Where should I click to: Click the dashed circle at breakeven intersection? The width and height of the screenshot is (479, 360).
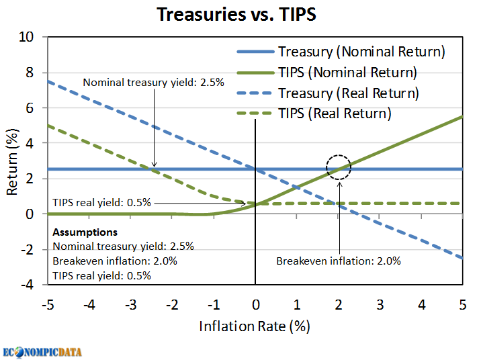tap(339, 168)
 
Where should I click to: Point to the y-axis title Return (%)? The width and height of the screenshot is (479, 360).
tap(12, 161)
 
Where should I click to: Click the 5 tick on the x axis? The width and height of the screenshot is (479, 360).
tap(463, 304)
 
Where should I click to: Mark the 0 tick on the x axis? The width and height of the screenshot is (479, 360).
tap(255, 304)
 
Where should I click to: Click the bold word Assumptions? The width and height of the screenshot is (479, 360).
tap(85, 232)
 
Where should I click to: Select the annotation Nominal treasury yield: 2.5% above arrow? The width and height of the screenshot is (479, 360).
tap(153, 82)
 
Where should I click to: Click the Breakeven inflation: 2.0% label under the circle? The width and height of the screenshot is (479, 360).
tap(338, 261)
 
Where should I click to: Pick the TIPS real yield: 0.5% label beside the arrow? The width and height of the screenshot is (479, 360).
tap(102, 201)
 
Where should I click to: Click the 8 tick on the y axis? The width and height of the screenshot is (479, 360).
tap(29, 73)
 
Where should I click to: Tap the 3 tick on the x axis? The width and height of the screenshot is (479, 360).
tap(380, 304)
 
